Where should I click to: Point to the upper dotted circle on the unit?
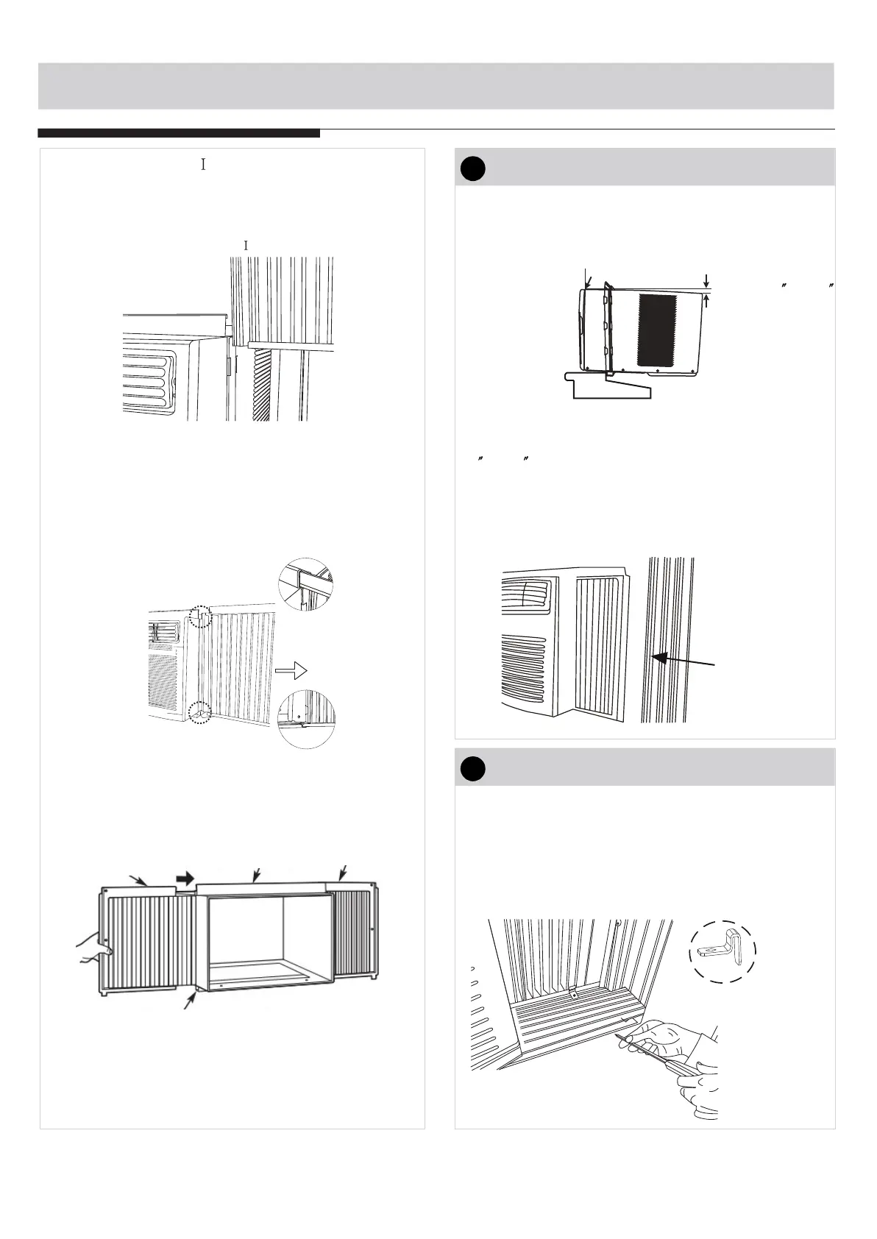coord(200,617)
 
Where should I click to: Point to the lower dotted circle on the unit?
coord(199,713)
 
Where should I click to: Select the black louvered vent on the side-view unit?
coord(656,330)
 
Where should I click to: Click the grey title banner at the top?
coord(436,86)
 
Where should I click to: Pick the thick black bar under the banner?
coord(179,133)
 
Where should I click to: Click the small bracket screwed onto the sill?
coord(574,993)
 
